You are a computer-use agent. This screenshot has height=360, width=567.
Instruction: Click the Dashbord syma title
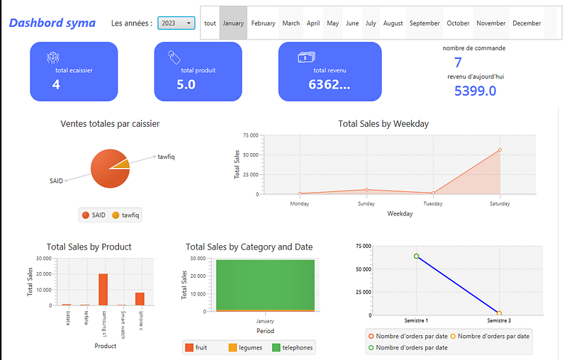(x=52, y=23)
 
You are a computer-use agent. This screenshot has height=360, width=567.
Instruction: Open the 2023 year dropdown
(x=176, y=23)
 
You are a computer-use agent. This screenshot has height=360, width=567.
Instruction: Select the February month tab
(x=263, y=23)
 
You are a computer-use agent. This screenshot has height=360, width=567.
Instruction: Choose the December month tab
(x=527, y=23)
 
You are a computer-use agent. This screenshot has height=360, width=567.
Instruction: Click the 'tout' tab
(x=210, y=23)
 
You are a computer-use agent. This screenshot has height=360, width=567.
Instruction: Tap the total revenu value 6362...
(x=329, y=85)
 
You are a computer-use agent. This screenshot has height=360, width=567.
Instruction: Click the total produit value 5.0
(x=186, y=85)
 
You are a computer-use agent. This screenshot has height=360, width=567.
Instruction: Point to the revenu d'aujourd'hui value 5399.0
(x=475, y=91)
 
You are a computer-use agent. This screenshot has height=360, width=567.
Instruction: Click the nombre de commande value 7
(x=458, y=62)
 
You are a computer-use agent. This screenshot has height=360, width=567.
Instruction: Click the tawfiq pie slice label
(x=166, y=157)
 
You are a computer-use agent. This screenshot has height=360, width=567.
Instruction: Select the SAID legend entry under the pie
(x=94, y=215)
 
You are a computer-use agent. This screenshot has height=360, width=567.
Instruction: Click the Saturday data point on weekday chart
(x=500, y=150)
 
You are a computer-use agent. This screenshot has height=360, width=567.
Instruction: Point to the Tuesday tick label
(x=433, y=203)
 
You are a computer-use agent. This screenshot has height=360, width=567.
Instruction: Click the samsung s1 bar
(x=103, y=289)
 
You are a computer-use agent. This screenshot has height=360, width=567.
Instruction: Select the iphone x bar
(x=140, y=298)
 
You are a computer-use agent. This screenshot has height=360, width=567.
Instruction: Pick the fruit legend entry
(x=196, y=347)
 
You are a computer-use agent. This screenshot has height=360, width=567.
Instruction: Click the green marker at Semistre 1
(x=417, y=257)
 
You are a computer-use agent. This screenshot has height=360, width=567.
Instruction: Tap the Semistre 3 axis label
(x=499, y=321)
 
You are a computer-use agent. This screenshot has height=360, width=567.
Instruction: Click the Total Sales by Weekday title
(x=383, y=123)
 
